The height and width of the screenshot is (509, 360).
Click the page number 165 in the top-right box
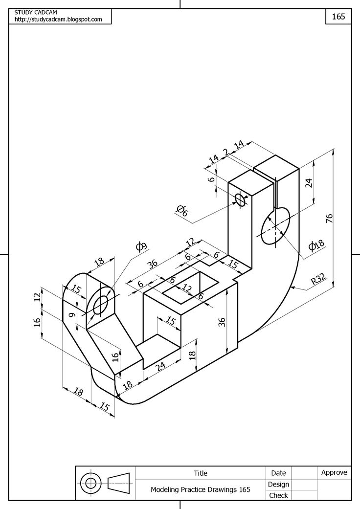click(338, 16)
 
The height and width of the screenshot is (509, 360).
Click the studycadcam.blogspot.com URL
click(58, 20)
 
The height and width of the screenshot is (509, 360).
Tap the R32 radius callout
click(318, 281)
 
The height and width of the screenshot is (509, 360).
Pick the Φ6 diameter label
click(181, 211)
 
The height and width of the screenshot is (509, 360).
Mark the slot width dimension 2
click(225, 153)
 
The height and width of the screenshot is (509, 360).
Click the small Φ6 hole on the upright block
click(240, 199)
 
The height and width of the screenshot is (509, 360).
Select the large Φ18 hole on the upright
click(275, 225)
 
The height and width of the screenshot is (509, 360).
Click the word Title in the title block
click(201, 473)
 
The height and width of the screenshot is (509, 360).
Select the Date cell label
click(278, 473)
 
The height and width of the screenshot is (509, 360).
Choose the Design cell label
click(278, 484)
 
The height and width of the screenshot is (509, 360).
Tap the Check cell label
click(278, 495)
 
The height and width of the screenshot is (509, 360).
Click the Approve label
click(334, 472)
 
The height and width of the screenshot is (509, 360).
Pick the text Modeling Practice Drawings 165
click(201, 489)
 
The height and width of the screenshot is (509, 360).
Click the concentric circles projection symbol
click(90, 484)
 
